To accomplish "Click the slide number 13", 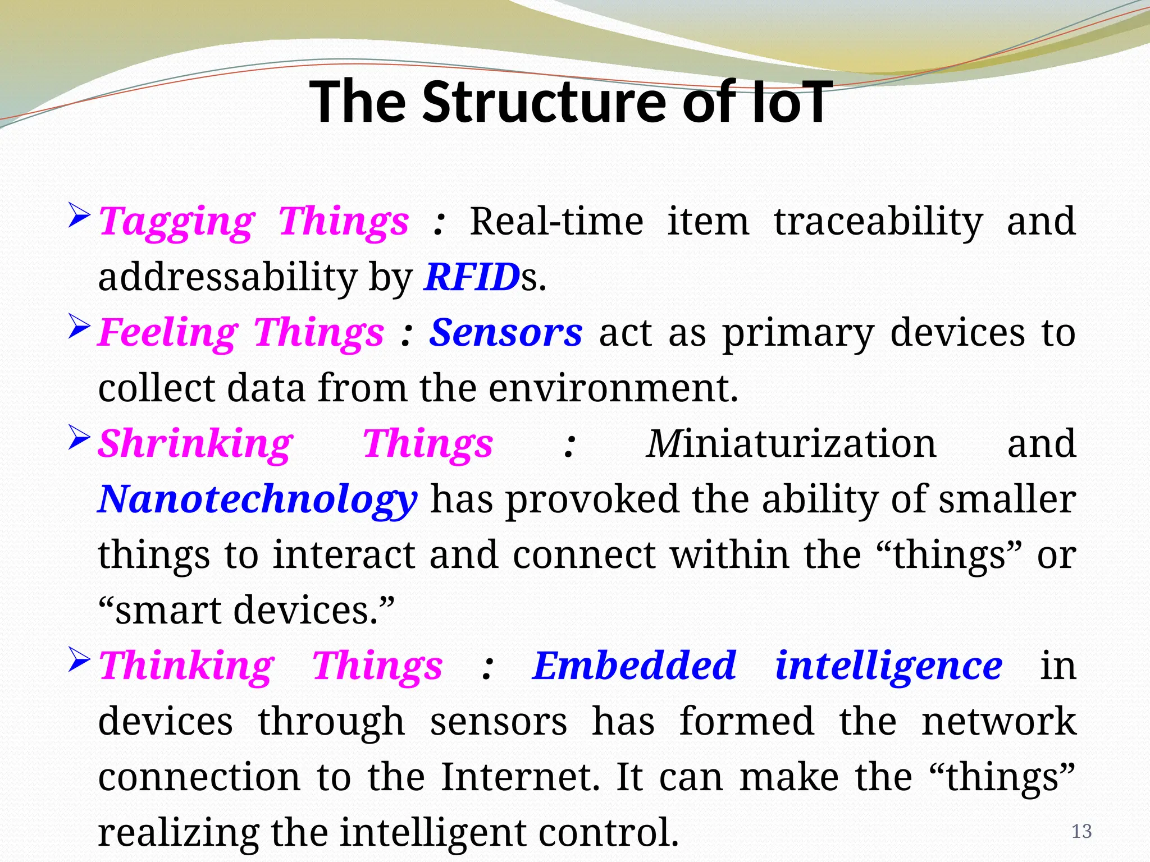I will pyautogui.click(x=1081, y=832).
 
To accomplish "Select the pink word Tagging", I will pyautogui.click(x=176, y=222).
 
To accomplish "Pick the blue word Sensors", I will pyautogui.click(x=505, y=332).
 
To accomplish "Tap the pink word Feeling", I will pyautogui.click(x=167, y=333).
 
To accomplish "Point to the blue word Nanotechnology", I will pyautogui.click(x=257, y=499).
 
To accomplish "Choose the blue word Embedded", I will pyautogui.click(x=634, y=666).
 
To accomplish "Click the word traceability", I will pyautogui.click(x=878, y=221).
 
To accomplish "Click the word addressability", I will pyautogui.click(x=227, y=277).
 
